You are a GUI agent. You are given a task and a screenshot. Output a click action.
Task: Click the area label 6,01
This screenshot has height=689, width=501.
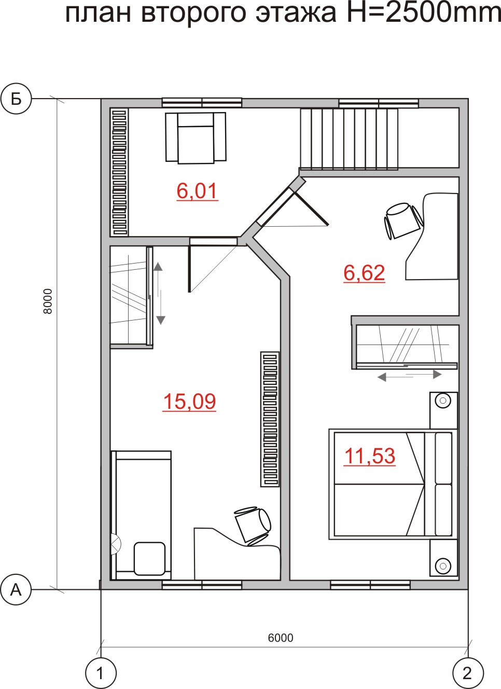point(198,191)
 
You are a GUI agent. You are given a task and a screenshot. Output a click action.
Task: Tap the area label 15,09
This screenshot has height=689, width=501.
point(189,402)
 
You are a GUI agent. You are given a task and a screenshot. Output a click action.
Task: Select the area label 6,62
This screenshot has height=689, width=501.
point(364,272)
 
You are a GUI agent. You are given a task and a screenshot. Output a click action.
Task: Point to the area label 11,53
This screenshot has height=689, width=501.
point(370,456)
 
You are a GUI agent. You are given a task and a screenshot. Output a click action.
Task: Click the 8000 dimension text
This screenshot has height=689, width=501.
point(48,301)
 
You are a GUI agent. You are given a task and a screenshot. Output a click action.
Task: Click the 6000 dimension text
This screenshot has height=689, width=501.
point(281,638)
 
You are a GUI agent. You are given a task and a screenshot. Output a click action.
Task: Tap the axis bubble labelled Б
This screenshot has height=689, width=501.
point(16,99)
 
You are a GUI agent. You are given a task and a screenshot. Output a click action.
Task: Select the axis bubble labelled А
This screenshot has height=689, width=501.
point(16,590)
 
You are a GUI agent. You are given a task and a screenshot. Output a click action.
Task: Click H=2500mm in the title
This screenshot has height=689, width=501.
point(424,13)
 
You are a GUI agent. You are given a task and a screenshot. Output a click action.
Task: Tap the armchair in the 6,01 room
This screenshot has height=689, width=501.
point(196,137)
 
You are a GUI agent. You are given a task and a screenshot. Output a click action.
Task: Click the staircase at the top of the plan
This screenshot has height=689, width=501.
point(350,139)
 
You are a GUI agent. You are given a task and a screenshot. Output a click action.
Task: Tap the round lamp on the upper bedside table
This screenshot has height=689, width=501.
point(443,401)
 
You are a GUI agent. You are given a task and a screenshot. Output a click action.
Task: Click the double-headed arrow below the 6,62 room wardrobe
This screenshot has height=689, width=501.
point(409,375)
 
